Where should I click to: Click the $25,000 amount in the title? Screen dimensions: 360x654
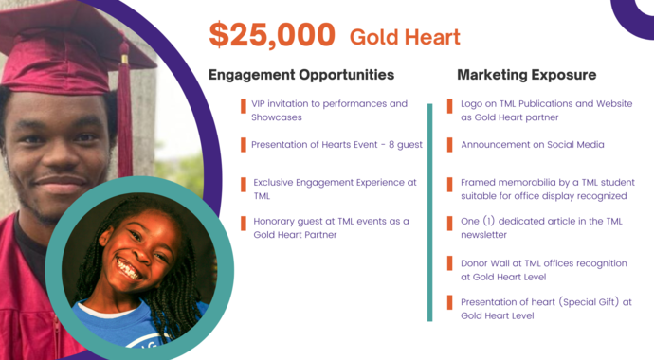[x=272, y=35]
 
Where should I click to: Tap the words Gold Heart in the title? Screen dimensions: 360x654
[x=405, y=37]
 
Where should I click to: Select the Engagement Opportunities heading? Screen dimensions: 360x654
[x=300, y=74]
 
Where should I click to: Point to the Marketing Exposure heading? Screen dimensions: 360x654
[x=526, y=74]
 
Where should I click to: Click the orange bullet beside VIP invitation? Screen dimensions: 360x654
[x=242, y=105]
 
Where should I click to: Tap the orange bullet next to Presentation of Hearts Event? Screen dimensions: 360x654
[x=242, y=145]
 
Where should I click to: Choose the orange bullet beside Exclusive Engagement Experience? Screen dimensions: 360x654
[x=243, y=183]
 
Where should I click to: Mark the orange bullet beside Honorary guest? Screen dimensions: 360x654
[x=243, y=223]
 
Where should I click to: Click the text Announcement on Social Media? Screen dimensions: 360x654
[x=532, y=145]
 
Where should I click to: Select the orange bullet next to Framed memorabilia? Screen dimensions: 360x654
[x=450, y=184]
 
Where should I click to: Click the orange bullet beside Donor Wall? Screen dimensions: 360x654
[x=450, y=262]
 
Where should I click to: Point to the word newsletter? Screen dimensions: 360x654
[x=484, y=234]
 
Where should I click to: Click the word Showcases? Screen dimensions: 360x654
[x=277, y=117]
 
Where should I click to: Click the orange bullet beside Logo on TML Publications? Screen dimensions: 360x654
[x=450, y=105]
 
